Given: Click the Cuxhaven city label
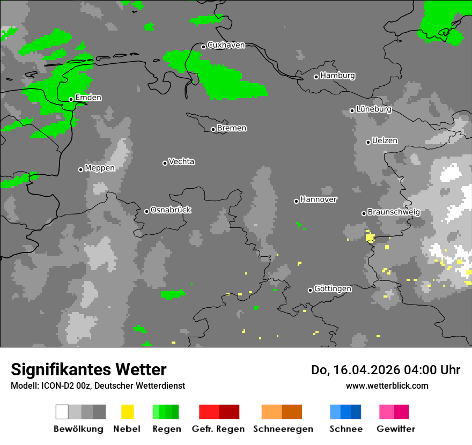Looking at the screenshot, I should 226,45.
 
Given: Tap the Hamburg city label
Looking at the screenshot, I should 337,76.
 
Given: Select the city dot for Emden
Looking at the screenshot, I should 71,99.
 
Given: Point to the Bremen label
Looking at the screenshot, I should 232,128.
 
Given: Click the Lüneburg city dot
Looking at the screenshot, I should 352,110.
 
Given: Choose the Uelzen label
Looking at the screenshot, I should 385,140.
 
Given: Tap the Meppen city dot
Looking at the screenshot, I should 80,169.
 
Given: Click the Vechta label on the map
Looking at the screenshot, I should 181,161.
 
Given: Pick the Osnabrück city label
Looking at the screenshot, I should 171,210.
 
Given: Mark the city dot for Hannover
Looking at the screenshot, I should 296,201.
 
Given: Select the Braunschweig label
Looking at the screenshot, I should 394,212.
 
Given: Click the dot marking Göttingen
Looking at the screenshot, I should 310,290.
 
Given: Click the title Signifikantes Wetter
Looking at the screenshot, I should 88,369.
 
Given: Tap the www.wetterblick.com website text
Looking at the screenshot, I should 387,385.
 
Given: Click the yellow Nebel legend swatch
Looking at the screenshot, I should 127,412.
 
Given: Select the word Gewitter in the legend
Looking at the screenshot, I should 396,429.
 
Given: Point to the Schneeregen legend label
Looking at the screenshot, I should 283,429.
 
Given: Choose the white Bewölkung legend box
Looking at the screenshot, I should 62,412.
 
